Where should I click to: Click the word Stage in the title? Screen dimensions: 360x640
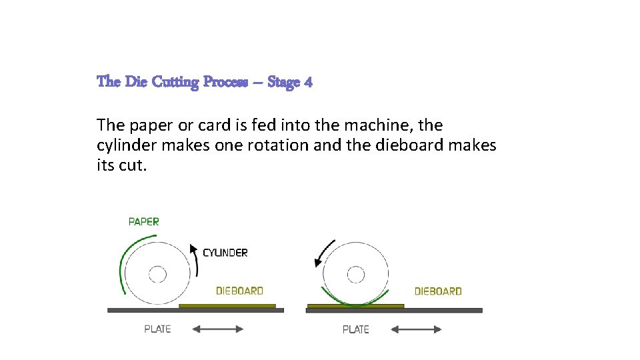click(x=283, y=82)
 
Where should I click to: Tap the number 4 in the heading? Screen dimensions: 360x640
click(x=307, y=82)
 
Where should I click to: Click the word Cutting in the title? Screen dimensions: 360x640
click(x=175, y=82)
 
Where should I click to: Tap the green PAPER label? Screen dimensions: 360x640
click(x=143, y=221)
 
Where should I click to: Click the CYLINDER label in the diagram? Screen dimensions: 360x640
click(x=225, y=253)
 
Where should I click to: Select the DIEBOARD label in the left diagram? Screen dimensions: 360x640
click(x=239, y=291)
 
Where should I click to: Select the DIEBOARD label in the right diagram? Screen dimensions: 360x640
click(x=438, y=291)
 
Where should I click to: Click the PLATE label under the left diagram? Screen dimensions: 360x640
click(x=157, y=329)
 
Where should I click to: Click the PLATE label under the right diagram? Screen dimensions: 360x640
click(x=355, y=329)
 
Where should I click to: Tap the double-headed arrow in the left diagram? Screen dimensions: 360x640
click(x=218, y=329)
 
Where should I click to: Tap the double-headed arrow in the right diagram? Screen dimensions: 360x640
click(x=416, y=329)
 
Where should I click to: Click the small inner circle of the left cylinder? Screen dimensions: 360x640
click(x=157, y=274)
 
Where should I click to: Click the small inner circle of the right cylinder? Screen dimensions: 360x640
click(x=356, y=274)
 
